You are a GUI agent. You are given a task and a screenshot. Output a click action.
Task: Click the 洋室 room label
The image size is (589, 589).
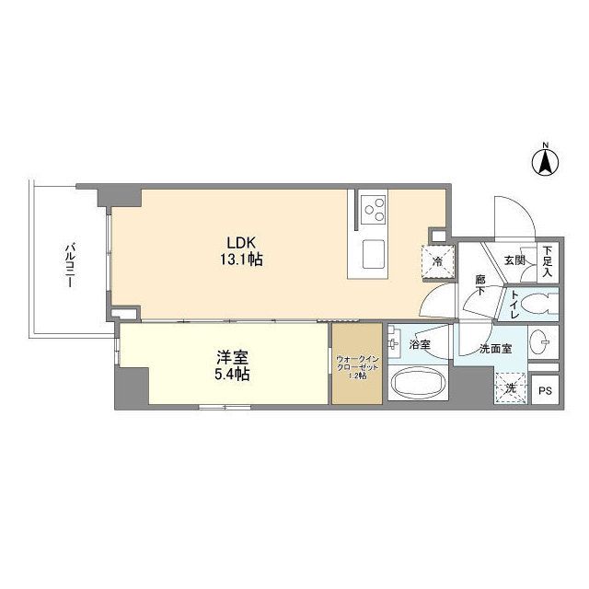230,358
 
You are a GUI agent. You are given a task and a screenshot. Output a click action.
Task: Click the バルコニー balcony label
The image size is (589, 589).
69,266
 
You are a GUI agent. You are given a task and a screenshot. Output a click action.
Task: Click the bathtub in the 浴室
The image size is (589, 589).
419,383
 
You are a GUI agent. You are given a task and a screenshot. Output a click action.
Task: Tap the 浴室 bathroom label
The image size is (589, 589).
421,345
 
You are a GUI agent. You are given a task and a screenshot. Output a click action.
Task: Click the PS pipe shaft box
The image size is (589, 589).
546,389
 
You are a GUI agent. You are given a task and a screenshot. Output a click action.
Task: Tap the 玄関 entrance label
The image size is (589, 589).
514,260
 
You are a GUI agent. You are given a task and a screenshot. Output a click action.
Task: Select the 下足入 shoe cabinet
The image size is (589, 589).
548,262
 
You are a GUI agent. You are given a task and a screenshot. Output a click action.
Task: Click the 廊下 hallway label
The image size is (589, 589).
481,284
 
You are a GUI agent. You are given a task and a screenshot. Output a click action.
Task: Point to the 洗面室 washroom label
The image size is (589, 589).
495,349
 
